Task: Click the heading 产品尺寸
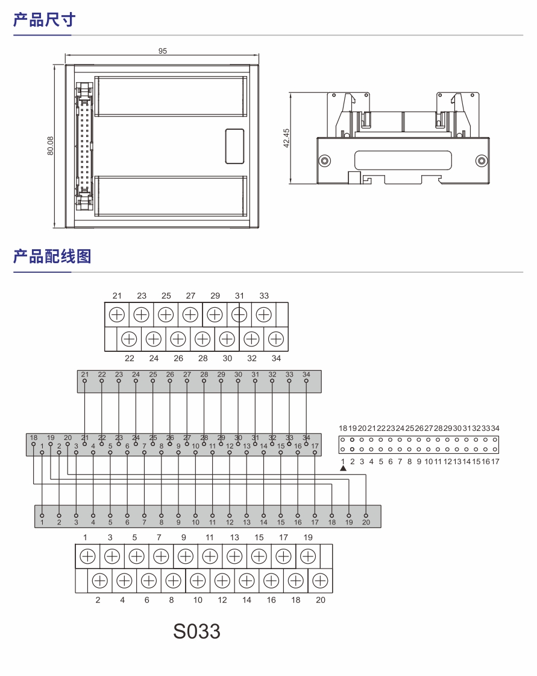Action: (45, 20)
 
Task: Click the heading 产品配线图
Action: (52, 256)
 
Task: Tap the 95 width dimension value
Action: (163, 51)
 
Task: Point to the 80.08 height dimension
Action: (51, 146)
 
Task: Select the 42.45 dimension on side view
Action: (286, 138)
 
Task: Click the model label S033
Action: (196, 631)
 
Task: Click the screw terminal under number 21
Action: (117, 314)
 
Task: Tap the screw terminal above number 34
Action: (276, 339)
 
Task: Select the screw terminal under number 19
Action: (308, 556)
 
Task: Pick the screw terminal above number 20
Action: (321, 581)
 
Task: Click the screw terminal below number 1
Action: (87, 556)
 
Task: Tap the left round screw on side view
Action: (325, 161)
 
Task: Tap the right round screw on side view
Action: (481, 161)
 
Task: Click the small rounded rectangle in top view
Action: (234, 146)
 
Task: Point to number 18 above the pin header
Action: (343, 428)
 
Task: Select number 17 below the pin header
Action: (495, 462)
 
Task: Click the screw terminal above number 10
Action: (198, 581)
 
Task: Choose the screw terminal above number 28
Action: (203, 339)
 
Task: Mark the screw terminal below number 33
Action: (263, 314)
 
